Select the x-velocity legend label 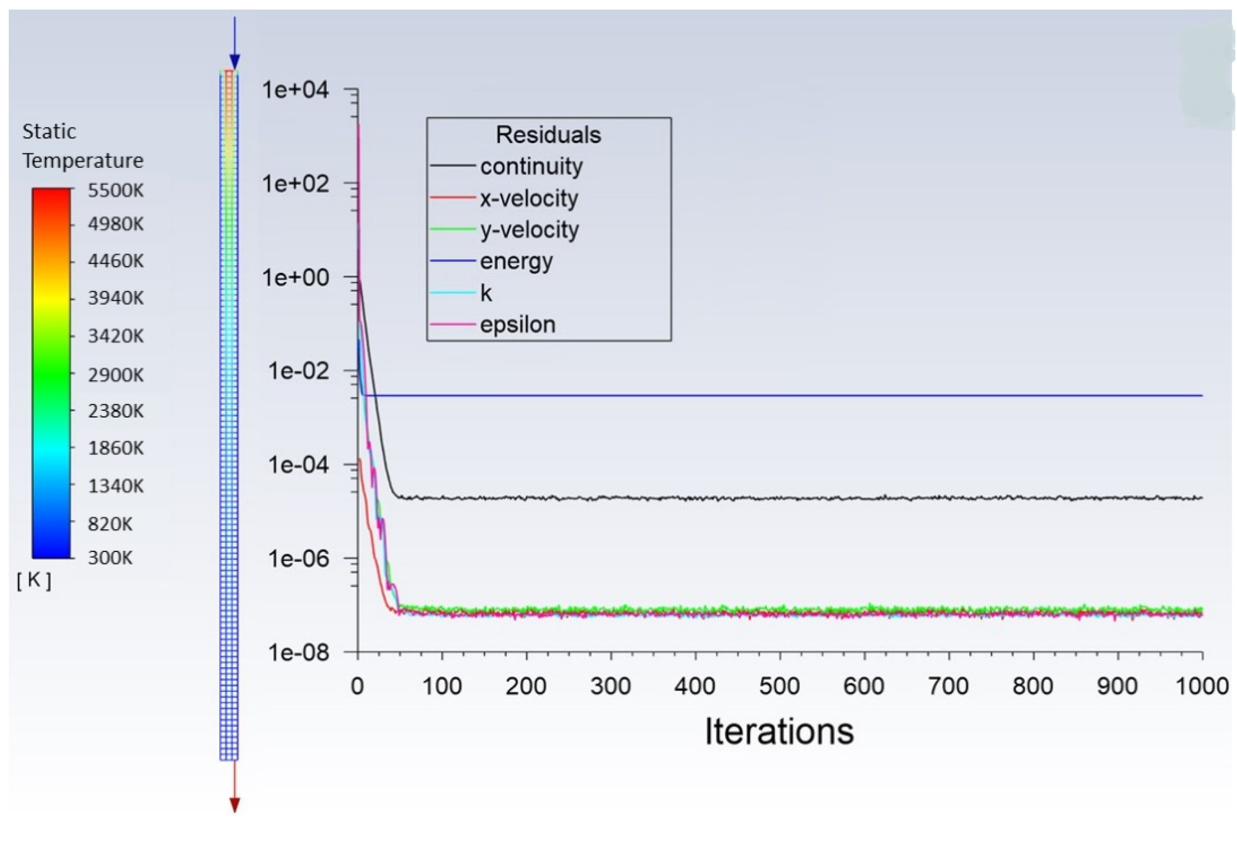click(x=528, y=199)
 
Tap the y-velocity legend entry click(x=529, y=230)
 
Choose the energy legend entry click(x=516, y=261)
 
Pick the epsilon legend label click(x=517, y=325)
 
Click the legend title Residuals click(x=548, y=135)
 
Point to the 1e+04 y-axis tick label click(x=295, y=90)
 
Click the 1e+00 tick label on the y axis click(x=295, y=277)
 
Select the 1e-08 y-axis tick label click(x=298, y=652)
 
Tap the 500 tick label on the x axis click(x=779, y=686)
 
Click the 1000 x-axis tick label click(x=1201, y=686)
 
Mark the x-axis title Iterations click(x=779, y=731)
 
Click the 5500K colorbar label click(x=115, y=190)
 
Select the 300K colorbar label click(x=110, y=558)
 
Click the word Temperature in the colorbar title click(x=83, y=161)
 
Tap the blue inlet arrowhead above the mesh click(x=235, y=61)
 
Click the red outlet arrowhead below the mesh click(x=235, y=805)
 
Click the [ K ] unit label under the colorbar click(x=34, y=580)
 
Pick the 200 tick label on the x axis click(x=526, y=686)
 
